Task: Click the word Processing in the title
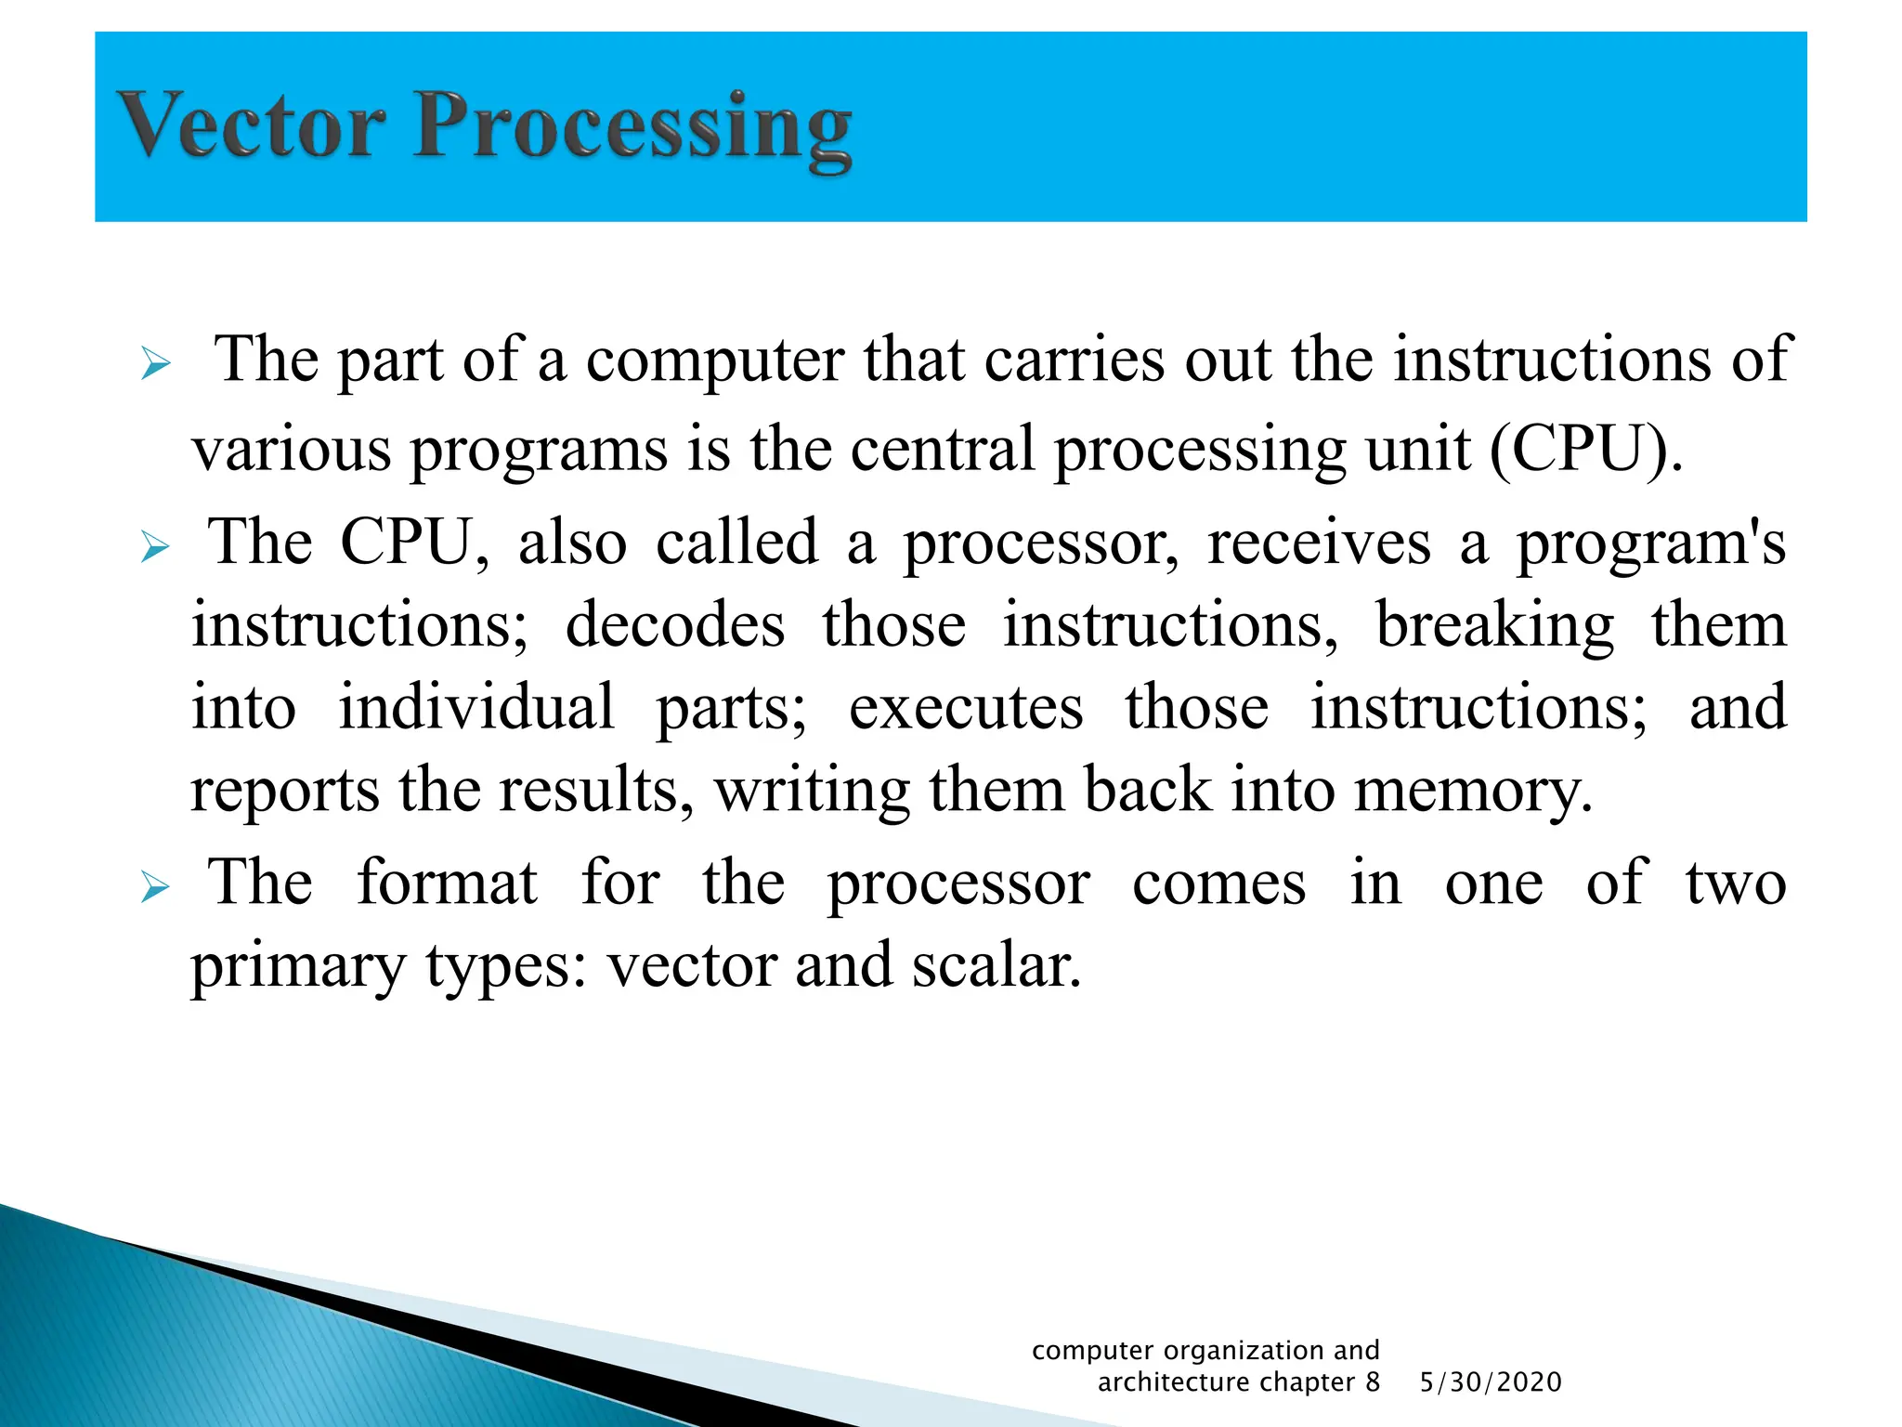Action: point(632,130)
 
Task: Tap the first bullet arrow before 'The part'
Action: point(155,364)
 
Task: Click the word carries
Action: point(1074,360)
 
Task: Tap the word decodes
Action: point(675,625)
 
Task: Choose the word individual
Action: point(475,707)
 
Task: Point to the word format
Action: point(447,882)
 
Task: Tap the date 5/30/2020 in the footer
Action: point(1491,1382)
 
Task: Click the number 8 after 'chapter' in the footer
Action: point(1372,1382)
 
